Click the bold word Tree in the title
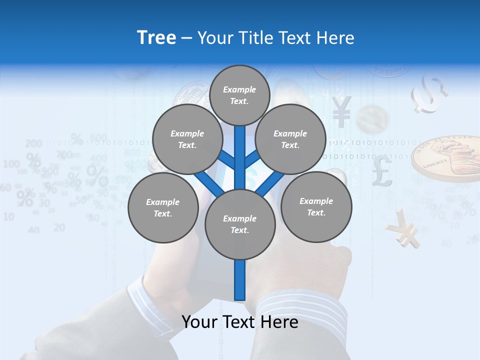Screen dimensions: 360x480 tap(156, 38)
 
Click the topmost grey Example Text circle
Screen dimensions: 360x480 tap(239, 95)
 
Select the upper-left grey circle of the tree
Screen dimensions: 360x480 tap(187, 139)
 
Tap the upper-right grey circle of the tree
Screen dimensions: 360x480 tap(290, 139)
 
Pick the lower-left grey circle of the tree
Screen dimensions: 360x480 tap(163, 208)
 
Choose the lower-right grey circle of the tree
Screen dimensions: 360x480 tap(316, 207)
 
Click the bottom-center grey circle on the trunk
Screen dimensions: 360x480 tap(240, 224)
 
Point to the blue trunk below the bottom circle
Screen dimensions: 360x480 tap(240, 280)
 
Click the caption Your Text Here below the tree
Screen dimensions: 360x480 tap(240, 322)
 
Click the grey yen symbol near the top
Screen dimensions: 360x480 tap(341, 111)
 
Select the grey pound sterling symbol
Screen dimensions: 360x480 tap(382, 170)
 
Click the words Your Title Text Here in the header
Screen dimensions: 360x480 tap(276, 38)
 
